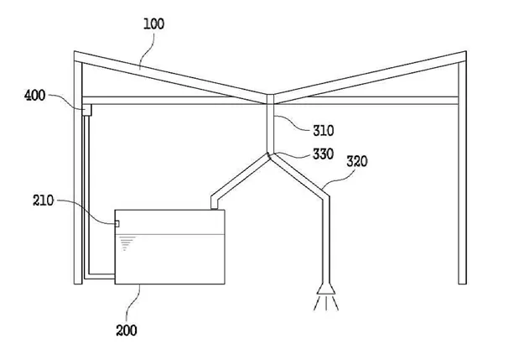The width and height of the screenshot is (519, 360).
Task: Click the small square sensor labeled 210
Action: [117, 223]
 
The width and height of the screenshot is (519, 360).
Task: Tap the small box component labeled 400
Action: [86, 109]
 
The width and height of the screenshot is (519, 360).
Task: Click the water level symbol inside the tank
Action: [127, 243]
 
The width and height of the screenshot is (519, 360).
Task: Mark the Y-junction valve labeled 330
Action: [270, 154]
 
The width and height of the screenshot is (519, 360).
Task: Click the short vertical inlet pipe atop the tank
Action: [213, 201]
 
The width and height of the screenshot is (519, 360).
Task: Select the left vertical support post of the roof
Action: [78, 185]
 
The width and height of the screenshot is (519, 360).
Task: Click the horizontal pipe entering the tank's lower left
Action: [101, 274]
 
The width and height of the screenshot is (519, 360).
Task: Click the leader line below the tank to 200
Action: [138, 300]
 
